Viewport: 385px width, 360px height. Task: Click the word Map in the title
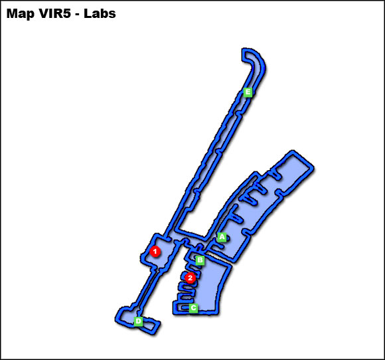(x=21, y=14)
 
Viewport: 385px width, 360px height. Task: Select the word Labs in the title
(x=100, y=13)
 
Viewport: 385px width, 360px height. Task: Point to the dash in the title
(x=78, y=15)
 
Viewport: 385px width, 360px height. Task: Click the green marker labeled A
(x=222, y=237)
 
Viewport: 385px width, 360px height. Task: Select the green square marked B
(x=200, y=260)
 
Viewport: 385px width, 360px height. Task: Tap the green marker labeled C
(x=193, y=308)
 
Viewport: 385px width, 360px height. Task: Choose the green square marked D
(x=139, y=321)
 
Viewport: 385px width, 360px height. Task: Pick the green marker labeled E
(x=248, y=92)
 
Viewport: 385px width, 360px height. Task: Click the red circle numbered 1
(x=155, y=251)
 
